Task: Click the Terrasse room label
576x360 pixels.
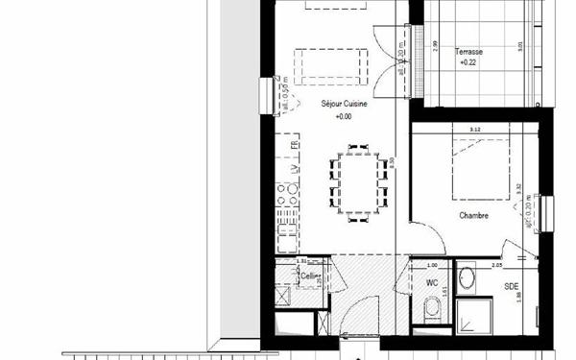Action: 468,53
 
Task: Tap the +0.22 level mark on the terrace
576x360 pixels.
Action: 468,62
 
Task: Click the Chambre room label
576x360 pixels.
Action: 473,216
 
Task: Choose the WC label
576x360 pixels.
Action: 431,283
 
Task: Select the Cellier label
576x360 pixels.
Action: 309,276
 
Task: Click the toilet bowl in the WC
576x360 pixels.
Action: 432,307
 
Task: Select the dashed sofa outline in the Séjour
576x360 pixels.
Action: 329,63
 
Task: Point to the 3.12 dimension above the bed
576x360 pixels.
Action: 473,130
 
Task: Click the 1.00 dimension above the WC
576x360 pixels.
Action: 431,265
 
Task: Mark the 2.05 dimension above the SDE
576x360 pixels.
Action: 497,265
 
